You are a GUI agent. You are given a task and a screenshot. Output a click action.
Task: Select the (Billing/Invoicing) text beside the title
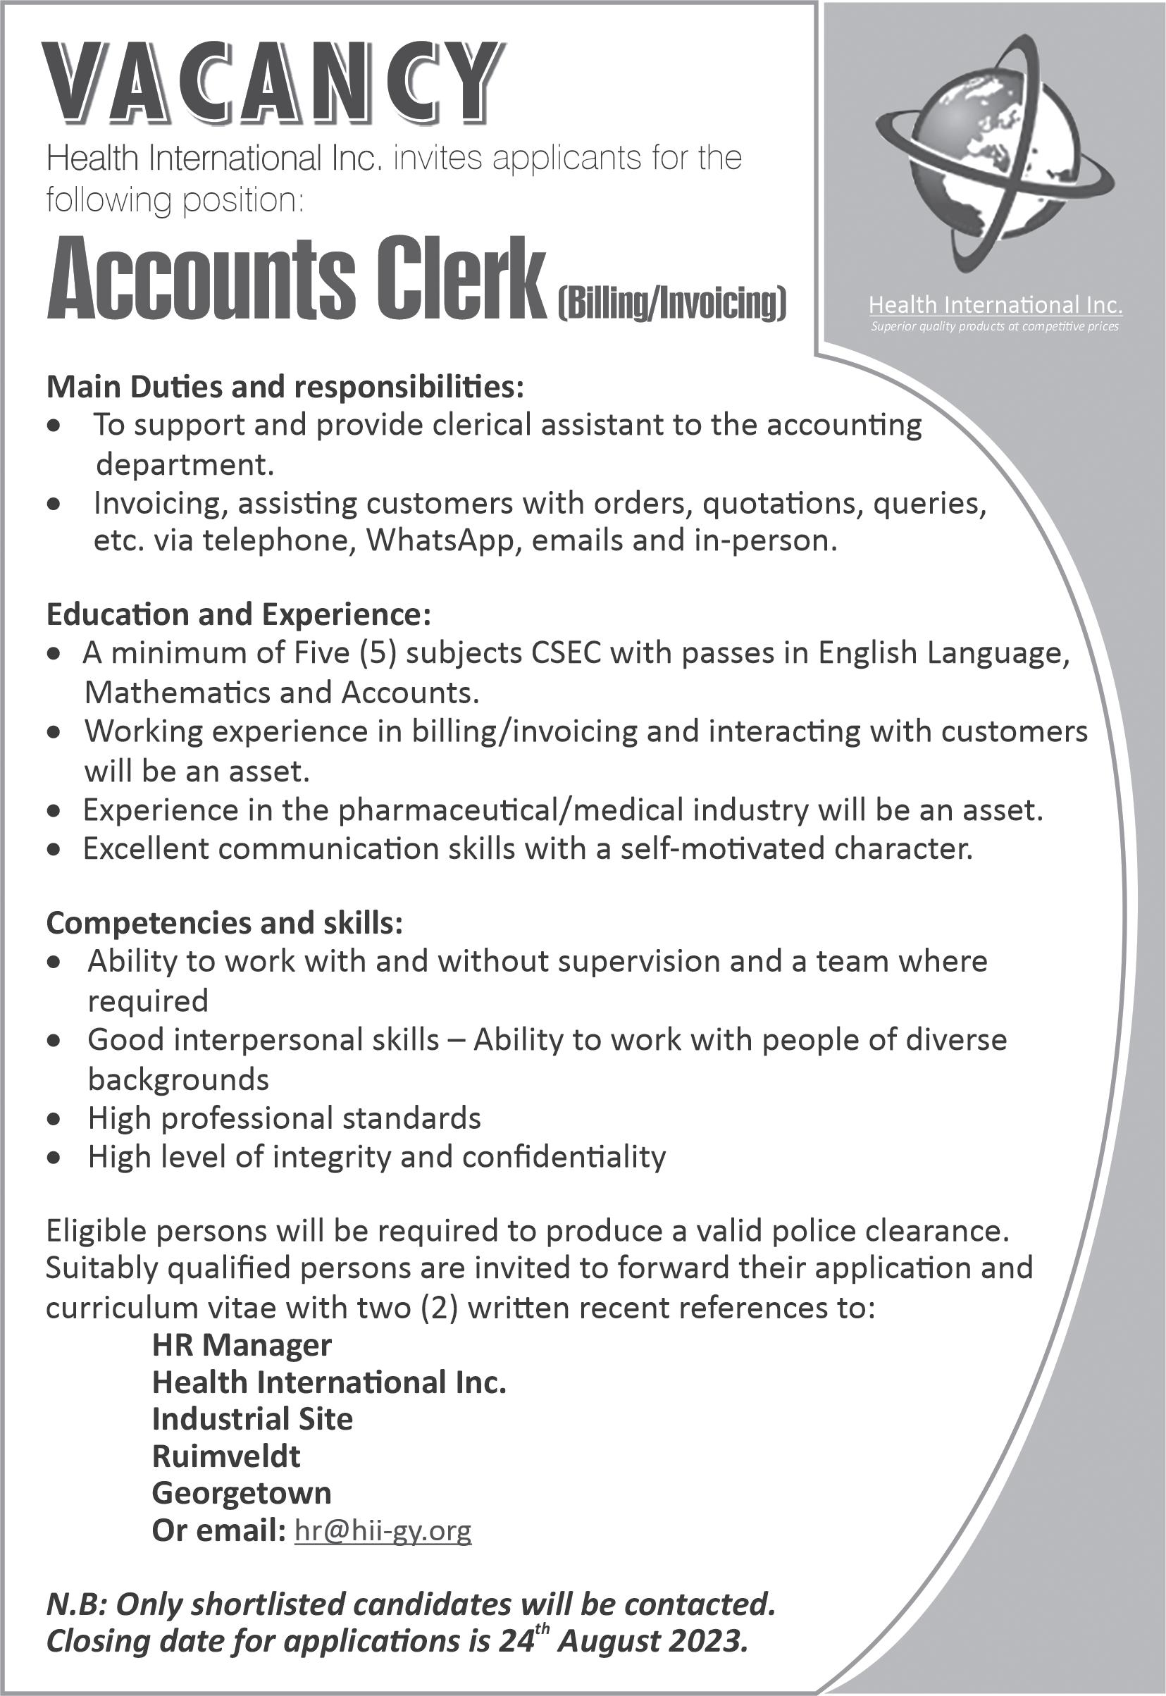pyautogui.click(x=672, y=304)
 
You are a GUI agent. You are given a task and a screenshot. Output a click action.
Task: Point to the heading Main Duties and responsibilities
pyautogui.click(x=285, y=388)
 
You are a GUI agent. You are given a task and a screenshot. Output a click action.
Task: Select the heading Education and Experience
pyautogui.click(x=238, y=614)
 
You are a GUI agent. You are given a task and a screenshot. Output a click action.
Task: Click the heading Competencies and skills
pyautogui.click(x=224, y=924)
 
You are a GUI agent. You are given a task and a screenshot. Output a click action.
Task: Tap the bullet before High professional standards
pyautogui.click(x=52, y=1119)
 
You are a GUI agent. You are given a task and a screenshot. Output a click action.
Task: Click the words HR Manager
pyautogui.click(x=242, y=1345)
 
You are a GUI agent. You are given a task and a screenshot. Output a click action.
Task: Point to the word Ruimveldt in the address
pyautogui.click(x=225, y=1456)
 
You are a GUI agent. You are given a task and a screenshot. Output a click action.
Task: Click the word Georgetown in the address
pyautogui.click(x=241, y=1493)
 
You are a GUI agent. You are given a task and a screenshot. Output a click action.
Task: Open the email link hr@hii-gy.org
pyautogui.click(x=383, y=1530)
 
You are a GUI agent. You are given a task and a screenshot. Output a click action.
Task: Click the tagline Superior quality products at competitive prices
pyautogui.click(x=994, y=327)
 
